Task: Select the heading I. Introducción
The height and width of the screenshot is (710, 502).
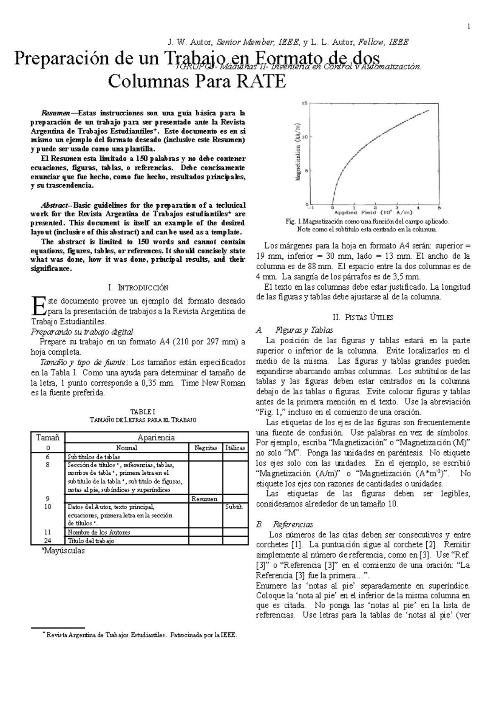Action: click(138, 288)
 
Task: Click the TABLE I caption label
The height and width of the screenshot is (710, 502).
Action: click(138, 412)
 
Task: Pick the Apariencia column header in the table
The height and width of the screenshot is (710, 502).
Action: click(156, 437)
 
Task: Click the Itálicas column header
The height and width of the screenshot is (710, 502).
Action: click(235, 448)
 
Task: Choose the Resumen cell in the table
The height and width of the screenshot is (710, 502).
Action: click(205, 499)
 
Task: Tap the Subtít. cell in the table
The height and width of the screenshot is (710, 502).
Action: click(234, 507)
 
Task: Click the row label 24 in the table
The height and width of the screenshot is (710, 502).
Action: click(47, 540)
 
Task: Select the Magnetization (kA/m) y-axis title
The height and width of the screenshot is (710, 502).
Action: click(299, 152)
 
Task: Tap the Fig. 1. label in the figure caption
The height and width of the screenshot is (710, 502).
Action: click(291, 221)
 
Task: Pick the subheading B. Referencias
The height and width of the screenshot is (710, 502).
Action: click(284, 524)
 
